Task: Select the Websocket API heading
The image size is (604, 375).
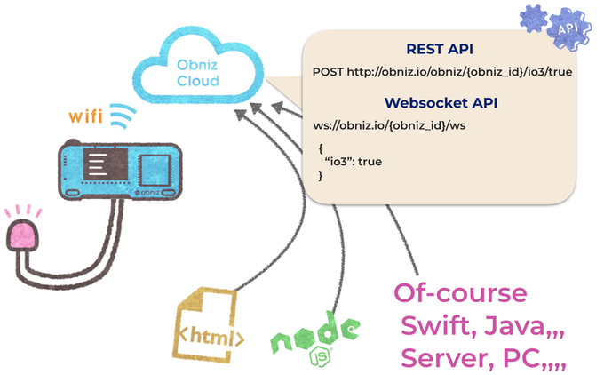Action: [x=439, y=103]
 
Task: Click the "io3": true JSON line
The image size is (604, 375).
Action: [x=356, y=163]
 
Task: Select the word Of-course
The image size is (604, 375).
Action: [x=460, y=294]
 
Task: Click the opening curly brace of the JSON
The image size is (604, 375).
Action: [x=321, y=148]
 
